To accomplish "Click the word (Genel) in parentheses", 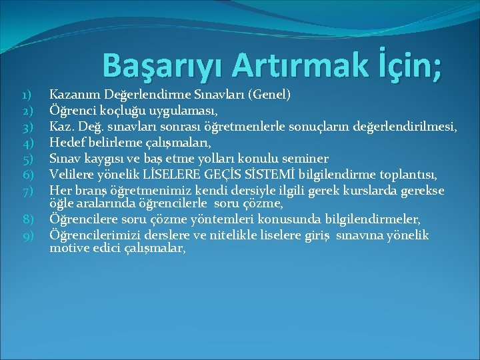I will click(268, 95).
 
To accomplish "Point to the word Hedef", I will click(67, 143).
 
